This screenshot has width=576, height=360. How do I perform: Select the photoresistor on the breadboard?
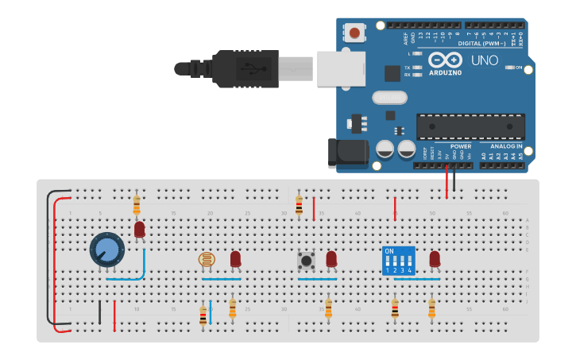coord(206,259)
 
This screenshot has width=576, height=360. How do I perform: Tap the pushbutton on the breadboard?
coord(305,260)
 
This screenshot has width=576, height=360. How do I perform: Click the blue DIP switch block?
coord(398,260)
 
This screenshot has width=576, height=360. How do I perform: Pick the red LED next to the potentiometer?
coord(140,230)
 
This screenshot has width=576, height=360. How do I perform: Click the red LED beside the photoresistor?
coord(235,259)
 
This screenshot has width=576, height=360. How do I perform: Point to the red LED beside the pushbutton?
coord(331,259)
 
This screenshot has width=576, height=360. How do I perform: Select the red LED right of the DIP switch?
coord(435,259)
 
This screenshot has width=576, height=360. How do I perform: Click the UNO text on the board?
coord(485,60)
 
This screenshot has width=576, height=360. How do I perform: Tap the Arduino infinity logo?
coord(445,60)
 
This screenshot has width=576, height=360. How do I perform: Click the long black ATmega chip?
coord(470,126)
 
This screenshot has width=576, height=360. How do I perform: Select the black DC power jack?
coord(348,153)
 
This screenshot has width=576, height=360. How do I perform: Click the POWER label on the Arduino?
coord(461,146)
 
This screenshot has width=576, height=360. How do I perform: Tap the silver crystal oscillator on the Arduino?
coord(389,97)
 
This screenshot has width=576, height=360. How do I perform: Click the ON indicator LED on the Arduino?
coord(509,68)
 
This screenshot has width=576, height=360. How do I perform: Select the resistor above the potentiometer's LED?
coord(137,205)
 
